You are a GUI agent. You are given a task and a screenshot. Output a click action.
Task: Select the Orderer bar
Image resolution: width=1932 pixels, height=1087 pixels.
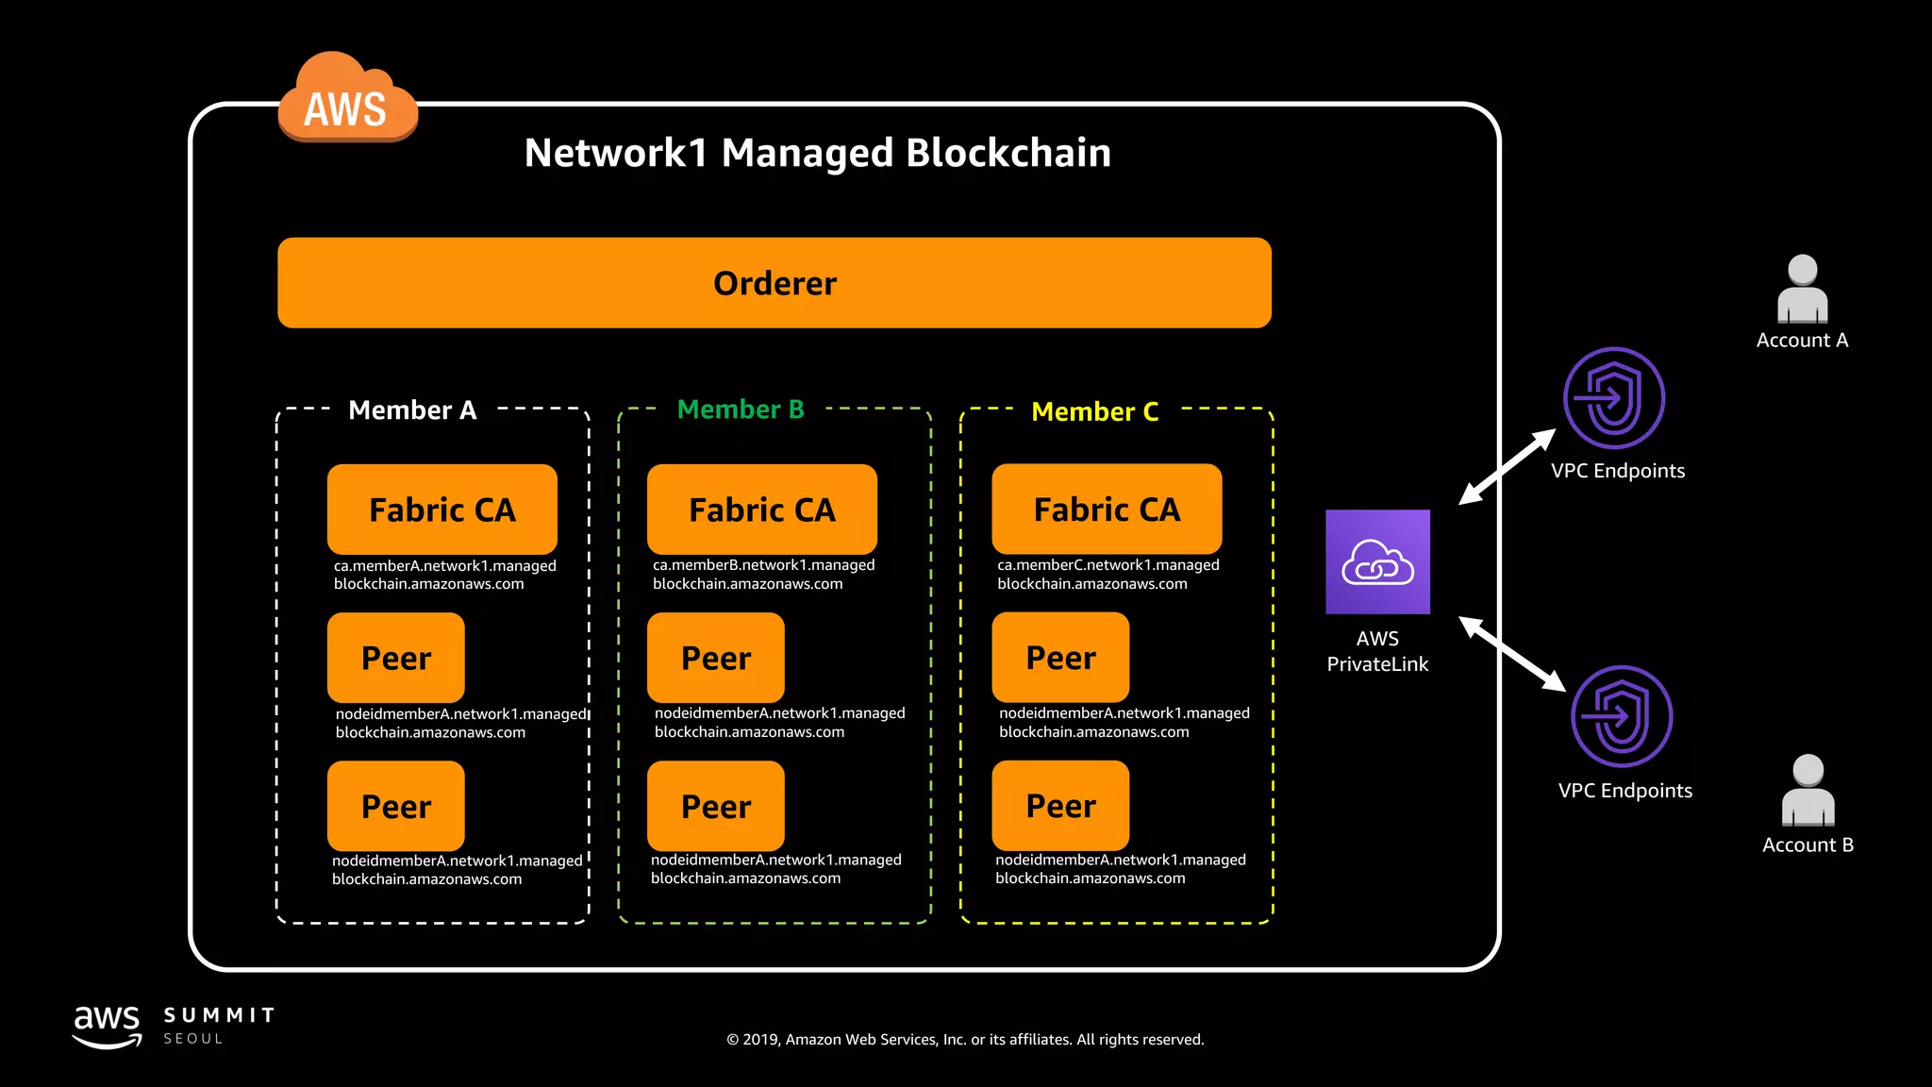coord(774,283)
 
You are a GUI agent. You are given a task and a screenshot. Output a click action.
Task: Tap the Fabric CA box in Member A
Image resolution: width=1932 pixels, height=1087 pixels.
coord(441,510)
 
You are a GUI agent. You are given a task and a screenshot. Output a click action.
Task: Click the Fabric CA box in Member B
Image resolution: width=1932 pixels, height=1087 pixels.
coord(761,510)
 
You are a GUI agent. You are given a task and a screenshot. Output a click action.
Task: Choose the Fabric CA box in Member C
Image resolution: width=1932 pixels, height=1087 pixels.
coord(1107,510)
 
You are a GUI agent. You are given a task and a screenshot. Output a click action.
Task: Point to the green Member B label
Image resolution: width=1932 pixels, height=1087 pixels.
coord(741,410)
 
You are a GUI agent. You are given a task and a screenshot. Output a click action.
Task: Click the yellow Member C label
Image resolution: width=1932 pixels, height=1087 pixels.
coord(1094,411)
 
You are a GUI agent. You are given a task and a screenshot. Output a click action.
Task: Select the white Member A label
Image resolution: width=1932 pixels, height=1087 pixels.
coord(412,410)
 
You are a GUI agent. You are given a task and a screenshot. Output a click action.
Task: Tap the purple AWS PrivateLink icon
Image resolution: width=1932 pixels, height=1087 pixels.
coord(1377,562)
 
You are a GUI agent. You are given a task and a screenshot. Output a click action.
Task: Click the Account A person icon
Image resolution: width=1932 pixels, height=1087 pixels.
coord(1802,290)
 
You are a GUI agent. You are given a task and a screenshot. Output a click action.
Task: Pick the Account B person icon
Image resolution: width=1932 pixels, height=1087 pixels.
coord(1807,791)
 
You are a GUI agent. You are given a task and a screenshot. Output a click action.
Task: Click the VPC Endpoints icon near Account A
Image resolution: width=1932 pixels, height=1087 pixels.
coord(1613,398)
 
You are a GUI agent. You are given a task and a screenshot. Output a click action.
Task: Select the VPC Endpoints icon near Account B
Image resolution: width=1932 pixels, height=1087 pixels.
coord(1621,717)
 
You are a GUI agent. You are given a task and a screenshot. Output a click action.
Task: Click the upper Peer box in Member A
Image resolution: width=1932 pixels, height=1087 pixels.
coord(395,658)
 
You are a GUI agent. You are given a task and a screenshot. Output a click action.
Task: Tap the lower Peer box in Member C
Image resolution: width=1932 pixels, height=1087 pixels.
coord(1060,806)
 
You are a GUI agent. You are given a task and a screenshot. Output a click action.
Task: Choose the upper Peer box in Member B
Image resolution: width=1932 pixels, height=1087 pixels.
coord(715,658)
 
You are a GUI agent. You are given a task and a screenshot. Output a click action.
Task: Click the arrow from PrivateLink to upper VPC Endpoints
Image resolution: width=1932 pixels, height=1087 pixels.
coord(1507,467)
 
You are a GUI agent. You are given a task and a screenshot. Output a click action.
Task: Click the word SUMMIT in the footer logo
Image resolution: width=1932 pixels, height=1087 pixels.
coord(219,1015)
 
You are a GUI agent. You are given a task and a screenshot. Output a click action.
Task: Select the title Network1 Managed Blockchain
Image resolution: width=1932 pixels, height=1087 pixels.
coord(817,153)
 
